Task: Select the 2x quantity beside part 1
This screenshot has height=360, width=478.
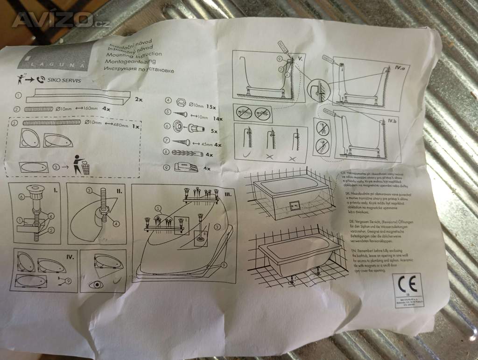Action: pos(138,99)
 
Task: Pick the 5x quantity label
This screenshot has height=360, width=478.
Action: pos(215,131)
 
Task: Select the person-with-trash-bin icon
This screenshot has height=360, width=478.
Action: pos(80,166)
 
